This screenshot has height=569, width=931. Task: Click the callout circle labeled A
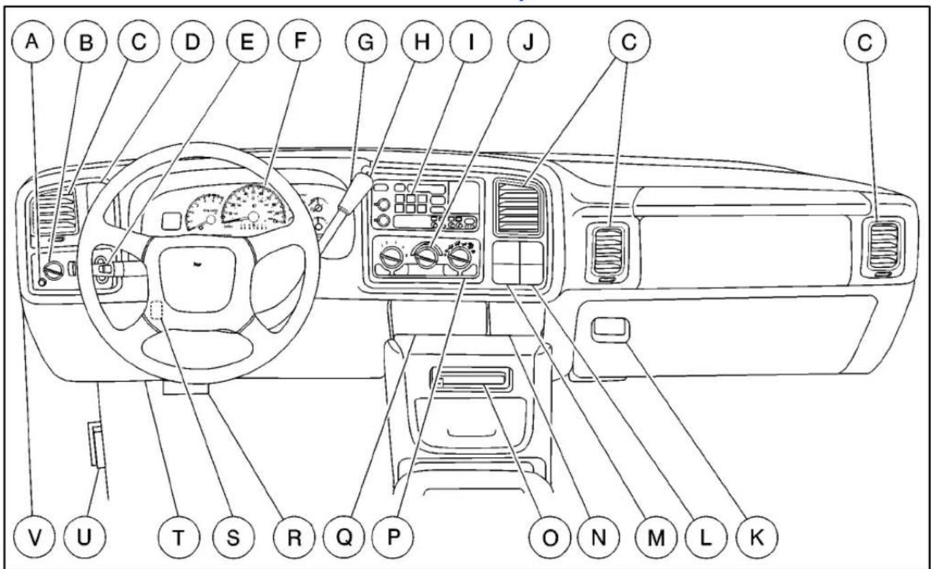(x=33, y=42)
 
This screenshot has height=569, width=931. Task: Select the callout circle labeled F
(x=299, y=40)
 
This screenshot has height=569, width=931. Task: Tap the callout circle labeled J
(x=528, y=42)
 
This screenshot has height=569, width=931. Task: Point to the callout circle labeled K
(x=757, y=537)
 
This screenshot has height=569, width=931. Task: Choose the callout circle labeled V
(x=35, y=537)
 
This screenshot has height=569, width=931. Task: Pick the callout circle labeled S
(x=233, y=537)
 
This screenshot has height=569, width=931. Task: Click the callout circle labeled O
(x=550, y=537)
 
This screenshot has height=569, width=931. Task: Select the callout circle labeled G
(x=366, y=42)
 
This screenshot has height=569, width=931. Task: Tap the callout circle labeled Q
(x=344, y=537)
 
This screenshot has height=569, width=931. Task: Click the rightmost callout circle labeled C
(x=865, y=42)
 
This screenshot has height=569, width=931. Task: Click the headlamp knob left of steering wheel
(x=54, y=271)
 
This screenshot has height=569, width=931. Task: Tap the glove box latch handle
(x=610, y=330)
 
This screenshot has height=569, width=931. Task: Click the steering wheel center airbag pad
(x=198, y=279)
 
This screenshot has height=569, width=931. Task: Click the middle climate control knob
(x=426, y=256)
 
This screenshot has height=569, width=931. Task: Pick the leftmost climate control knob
(x=392, y=257)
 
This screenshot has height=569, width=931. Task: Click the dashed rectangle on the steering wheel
(x=157, y=309)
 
